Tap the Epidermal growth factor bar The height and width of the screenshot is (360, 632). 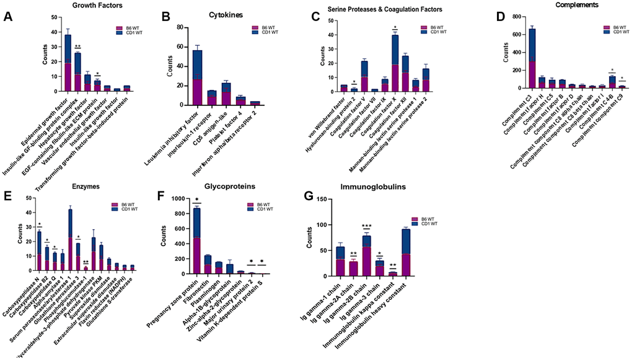tap(68, 63)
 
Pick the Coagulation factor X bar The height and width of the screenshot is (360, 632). tap(395, 62)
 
